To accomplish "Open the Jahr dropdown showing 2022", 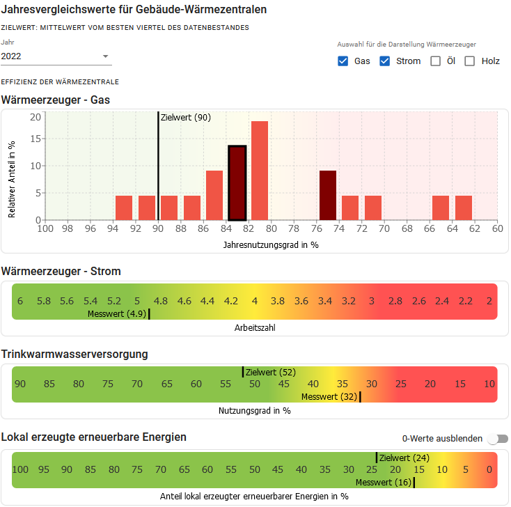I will coord(56,56).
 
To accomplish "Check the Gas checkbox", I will coord(343,61).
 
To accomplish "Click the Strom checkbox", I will coord(384,61).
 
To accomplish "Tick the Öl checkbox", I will coord(436,61).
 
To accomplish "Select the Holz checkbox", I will coord(470,61).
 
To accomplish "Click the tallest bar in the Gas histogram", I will coord(260,171).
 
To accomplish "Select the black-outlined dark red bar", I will coord(237,182).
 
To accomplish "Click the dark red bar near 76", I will coord(328,195).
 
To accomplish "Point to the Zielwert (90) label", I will coord(185,118).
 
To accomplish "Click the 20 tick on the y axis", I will coord(36,117).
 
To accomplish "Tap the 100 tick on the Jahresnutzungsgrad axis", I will coord(45,228).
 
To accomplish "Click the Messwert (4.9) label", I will coord(116,314).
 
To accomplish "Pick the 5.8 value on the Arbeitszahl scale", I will coord(43,301).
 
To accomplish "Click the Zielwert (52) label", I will coord(271,373).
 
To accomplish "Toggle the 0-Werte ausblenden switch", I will coord(498,439).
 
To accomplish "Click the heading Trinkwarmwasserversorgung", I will coord(75,354).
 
